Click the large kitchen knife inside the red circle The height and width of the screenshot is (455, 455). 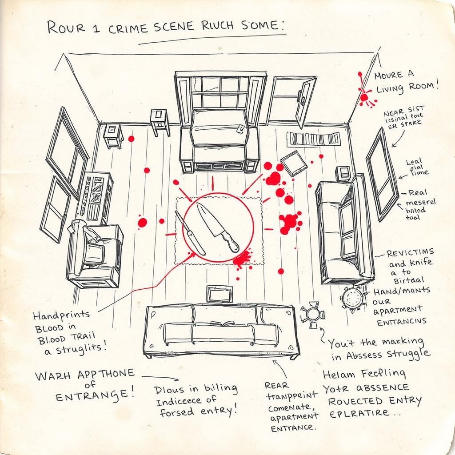tap(217, 226)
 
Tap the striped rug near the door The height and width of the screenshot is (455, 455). tap(313, 139)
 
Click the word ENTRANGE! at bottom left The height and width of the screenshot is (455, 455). tap(96, 394)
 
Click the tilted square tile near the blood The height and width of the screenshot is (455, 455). tap(294, 163)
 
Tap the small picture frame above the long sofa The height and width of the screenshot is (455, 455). tap(220, 294)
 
